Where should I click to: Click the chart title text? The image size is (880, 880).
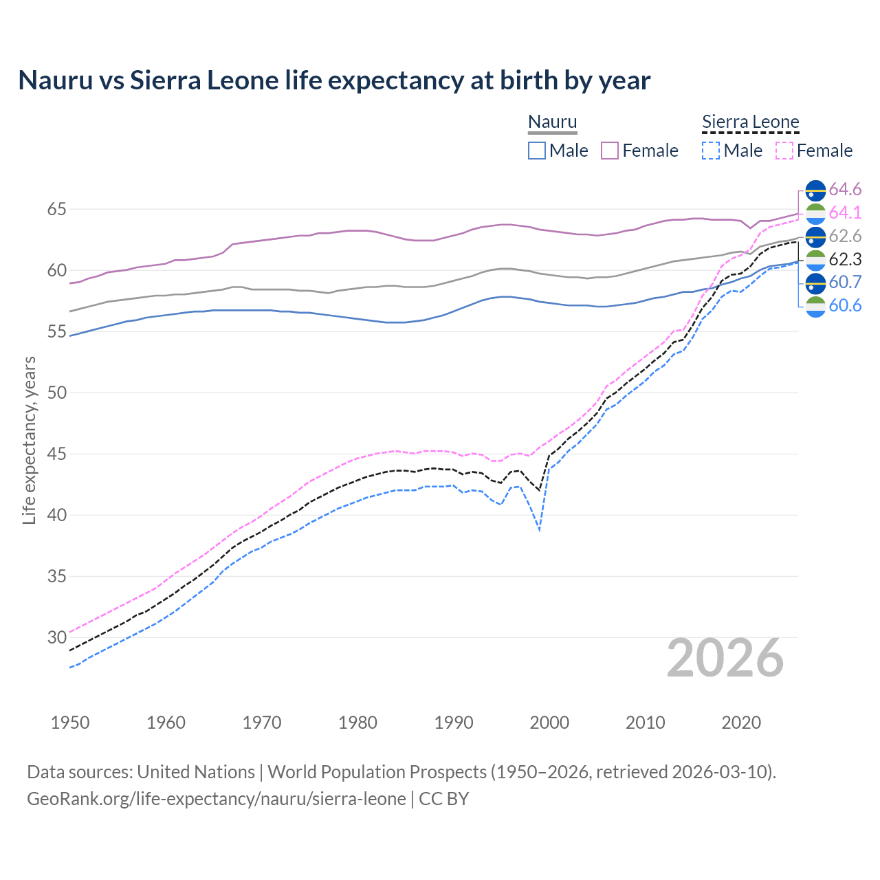(x=334, y=80)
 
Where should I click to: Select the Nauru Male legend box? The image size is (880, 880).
(x=537, y=151)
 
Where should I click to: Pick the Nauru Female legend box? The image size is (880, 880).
(x=610, y=151)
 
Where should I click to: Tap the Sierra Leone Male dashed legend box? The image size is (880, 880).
(x=711, y=151)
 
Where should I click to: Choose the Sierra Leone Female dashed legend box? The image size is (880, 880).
(x=784, y=151)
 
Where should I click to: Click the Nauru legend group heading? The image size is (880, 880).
(x=552, y=122)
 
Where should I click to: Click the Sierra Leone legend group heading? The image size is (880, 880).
(x=750, y=122)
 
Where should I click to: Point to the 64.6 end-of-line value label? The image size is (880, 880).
(x=845, y=189)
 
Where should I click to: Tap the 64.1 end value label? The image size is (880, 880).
(x=845, y=212)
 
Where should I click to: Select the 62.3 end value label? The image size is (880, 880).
(x=845, y=259)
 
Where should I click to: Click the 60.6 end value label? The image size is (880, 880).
(x=845, y=305)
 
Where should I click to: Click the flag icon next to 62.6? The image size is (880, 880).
(x=815, y=236)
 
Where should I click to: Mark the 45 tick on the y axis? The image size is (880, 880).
(x=56, y=454)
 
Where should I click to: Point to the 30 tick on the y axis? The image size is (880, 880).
(x=56, y=637)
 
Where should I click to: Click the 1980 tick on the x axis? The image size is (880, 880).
(x=357, y=723)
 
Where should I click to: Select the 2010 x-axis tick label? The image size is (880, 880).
(x=645, y=723)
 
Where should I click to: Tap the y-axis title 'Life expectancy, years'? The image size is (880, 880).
(x=29, y=440)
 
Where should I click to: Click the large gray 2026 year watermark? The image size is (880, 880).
(x=725, y=658)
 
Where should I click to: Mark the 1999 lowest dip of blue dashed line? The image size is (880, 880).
(x=540, y=530)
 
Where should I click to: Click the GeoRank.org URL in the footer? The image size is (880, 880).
(x=216, y=799)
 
